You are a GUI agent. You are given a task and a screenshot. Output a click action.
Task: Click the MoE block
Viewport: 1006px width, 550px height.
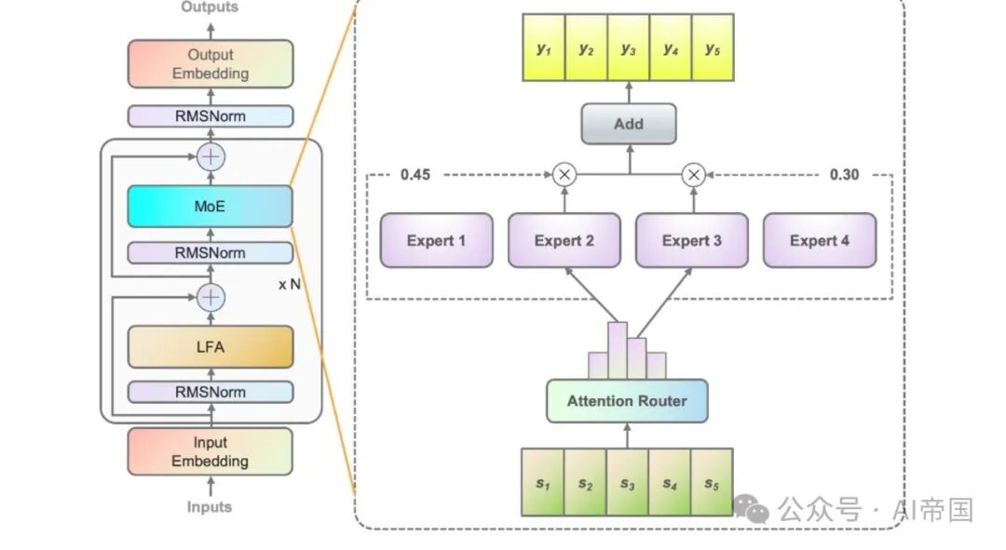tap(210, 206)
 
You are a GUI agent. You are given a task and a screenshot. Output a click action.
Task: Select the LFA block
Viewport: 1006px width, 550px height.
tap(210, 346)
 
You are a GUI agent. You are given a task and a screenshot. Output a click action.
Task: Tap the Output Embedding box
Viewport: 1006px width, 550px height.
tap(210, 64)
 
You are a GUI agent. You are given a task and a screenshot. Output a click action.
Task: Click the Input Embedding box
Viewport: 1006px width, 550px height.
tap(210, 451)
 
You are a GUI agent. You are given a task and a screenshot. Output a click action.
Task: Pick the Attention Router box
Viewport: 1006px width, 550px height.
tap(627, 401)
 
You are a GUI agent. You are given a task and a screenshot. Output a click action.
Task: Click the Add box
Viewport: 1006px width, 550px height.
tap(628, 124)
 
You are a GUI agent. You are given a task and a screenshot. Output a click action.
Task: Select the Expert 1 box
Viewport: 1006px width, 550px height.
tap(436, 241)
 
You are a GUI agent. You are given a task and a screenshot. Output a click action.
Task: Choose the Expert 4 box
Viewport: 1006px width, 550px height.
tap(820, 241)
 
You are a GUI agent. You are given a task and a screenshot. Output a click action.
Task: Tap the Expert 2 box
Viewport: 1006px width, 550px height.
tap(564, 241)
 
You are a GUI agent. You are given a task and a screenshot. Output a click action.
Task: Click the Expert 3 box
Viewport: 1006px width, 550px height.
tap(691, 241)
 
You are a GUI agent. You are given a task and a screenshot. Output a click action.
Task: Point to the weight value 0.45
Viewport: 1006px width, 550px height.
tap(415, 175)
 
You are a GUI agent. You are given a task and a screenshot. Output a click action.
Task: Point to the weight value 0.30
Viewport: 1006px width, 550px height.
tap(844, 175)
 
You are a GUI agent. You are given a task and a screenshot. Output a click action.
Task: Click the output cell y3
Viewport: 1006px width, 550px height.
tap(628, 49)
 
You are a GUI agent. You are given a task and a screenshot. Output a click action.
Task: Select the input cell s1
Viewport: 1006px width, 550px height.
tap(542, 482)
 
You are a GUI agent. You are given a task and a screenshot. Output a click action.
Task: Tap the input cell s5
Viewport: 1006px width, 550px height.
tap(712, 482)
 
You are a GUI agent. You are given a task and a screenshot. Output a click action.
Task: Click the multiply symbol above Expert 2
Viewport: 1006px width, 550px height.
tap(564, 174)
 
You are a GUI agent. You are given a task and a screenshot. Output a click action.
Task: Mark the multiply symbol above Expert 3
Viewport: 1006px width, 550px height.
tap(692, 174)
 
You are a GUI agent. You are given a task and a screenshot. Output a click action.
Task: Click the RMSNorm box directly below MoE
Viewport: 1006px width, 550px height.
tap(210, 252)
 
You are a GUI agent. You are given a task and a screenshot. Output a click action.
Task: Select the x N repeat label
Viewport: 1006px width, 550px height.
tap(290, 284)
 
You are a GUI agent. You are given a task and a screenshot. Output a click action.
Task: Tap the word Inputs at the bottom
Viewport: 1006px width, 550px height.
tap(210, 507)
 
